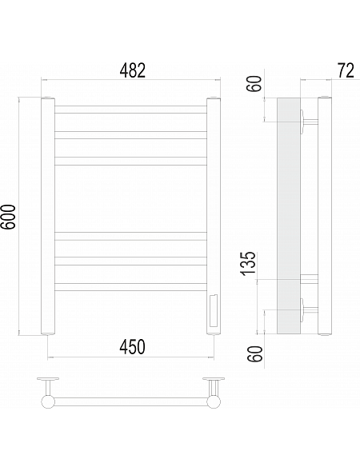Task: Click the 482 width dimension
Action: pyautogui.click(x=132, y=71)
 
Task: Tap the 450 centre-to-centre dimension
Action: pyautogui.click(x=132, y=346)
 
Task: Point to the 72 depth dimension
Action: pyautogui.click(x=346, y=71)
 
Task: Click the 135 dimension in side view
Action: pyautogui.click(x=249, y=263)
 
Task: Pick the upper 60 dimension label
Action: pyautogui.click(x=254, y=83)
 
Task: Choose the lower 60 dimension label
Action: pyautogui.click(x=254, y=354)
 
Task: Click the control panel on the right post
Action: pyautogui.click(x=214, y=311)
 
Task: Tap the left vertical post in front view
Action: pyautogui.click(x=48, y=216)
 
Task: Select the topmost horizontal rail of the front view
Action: pyautogui.click(x=130, y=110)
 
